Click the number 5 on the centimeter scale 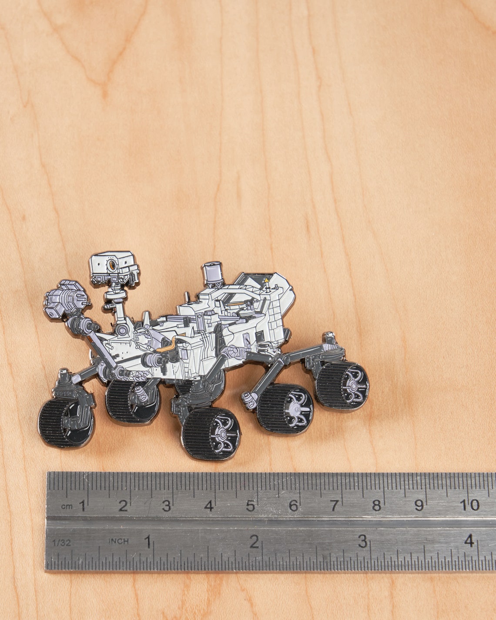[251, 506]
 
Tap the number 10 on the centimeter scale [469, 505]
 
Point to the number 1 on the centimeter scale [82, 506]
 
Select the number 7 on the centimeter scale [334, 506]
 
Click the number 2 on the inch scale [254, 542]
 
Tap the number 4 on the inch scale [469, 541]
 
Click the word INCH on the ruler [118, 541]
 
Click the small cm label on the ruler [67, 506]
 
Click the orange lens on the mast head [113, 265]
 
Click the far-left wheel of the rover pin [65, 422]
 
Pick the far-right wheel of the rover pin [342, 385]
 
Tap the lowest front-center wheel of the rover [211, 433]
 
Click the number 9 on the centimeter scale [419, 506]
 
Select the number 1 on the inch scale [148, 542]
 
